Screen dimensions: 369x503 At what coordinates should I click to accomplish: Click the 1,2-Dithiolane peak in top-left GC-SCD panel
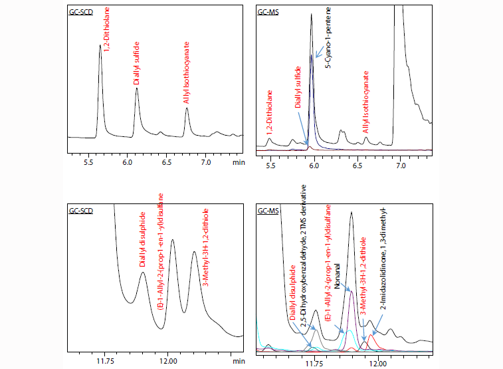[x=100, y=46]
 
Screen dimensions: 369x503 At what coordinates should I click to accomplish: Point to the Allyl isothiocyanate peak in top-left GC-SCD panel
[x=187, y=108]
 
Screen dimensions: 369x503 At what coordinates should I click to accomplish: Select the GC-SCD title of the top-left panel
[x=81, y=11]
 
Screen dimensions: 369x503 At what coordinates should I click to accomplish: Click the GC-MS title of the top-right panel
[x=268, y=11]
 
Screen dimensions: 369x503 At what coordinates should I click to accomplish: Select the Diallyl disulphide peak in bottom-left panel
[x=143, y=272]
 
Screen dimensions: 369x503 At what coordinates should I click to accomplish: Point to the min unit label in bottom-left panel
[x=238, y=361]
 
